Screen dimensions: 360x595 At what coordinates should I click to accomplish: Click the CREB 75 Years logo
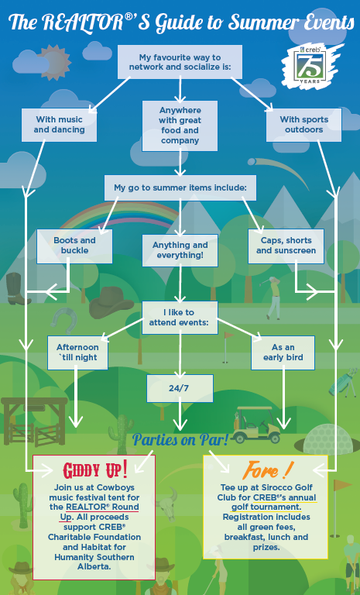311,65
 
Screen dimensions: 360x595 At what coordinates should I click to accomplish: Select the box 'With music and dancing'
59,125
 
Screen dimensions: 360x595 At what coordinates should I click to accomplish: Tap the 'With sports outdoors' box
303,125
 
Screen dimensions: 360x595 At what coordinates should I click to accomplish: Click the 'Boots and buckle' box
75,246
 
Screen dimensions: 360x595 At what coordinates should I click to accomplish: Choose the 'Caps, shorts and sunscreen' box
286,246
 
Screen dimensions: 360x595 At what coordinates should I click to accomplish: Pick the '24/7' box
180,388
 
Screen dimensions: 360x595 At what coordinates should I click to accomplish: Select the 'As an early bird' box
283,353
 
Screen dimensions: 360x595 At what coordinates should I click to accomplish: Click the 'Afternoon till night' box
77,353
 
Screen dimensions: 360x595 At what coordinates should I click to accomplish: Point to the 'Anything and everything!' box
180,250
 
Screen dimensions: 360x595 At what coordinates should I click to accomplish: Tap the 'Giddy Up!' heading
94,470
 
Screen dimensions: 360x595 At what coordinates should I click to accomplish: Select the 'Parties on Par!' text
180,440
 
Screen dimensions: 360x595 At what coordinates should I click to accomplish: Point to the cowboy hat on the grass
111,302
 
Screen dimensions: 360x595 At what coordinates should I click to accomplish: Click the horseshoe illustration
65,321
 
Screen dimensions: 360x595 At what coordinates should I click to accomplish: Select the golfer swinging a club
273,297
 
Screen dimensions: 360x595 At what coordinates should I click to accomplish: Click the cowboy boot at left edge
17,289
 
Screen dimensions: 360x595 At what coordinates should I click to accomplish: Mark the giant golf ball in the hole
328,439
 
